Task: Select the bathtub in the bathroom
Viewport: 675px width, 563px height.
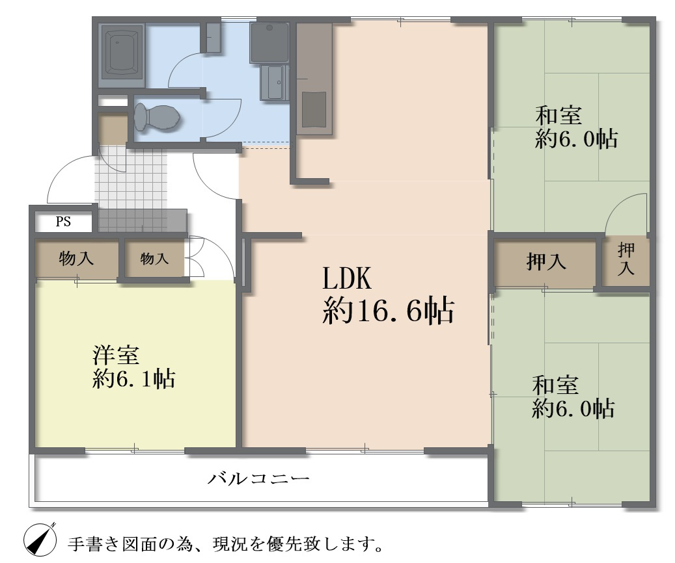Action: tap(122, 55)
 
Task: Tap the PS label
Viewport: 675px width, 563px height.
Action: tap(63, 222)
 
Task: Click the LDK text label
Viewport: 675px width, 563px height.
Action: tap(346, 279)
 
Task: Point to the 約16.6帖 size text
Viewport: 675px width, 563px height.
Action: tap(388, 313)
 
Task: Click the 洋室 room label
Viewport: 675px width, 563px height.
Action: tap(115, 356)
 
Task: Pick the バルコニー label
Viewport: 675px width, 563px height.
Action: tap(258, 480)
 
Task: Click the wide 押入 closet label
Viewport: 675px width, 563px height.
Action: tap(545, 263)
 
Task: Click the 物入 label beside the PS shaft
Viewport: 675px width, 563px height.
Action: tap(76, 259)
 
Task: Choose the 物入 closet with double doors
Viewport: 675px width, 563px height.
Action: tap(154, 259)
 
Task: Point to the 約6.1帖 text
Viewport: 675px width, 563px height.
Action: tap(133, 378)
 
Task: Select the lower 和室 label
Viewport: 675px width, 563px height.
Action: tap(555, 386)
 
